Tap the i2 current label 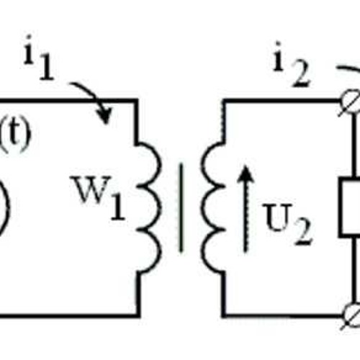pyautogui.click(x=292, y=64)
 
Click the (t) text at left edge pyautogui.click(x=15, y=136)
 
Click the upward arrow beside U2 pyautogui.click(x=246, y=208)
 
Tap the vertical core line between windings pyautogui.click(x=181, y=207)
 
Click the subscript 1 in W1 pyautogui.click(x=118, y=207)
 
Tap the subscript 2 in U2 pyautogui.click(x=303, y=232)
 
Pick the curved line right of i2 pyautogui.click(x=348, y=69)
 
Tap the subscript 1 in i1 pyautogui.click(x=46, y=67)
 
